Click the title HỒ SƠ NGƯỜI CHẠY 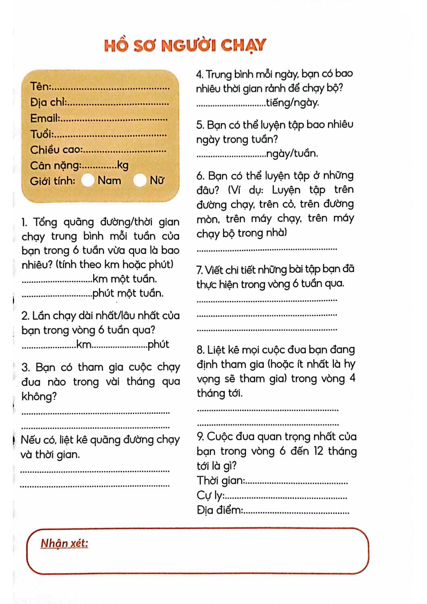pyautogui.click(x=185, y=46)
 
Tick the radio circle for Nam pyautogui.click(x=87, y=180)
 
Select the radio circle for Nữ pyautogui.click(x=139, y=180)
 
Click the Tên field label pyautogui.click(x=41, y=87)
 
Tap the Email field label pyautogui.click(x=45, y=118)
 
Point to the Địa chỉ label pyautogui.click(x=48, y=103)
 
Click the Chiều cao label pyautogui.click(x=56, y=150)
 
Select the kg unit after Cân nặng pyautogui.click(x=122, y=165)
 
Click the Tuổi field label pyautogui.click(x=42, y=134)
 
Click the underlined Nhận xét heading pyautogui.click(x=64, y=543)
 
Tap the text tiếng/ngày pyautogui.click(x=292, y=103)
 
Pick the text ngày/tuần pyautogui.click(x=292, y=153)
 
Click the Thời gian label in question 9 pyautogui.click(x=220, y=480)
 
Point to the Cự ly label pyautogui.click(x=210, y=495)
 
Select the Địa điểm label pyautogui.click(x=220, y=510)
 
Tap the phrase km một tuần pyautogui.click(x=124, y=279)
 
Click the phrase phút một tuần pyautogui.click(x=128, y=293)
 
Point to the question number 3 pyautogui.click(x=25, y=367)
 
